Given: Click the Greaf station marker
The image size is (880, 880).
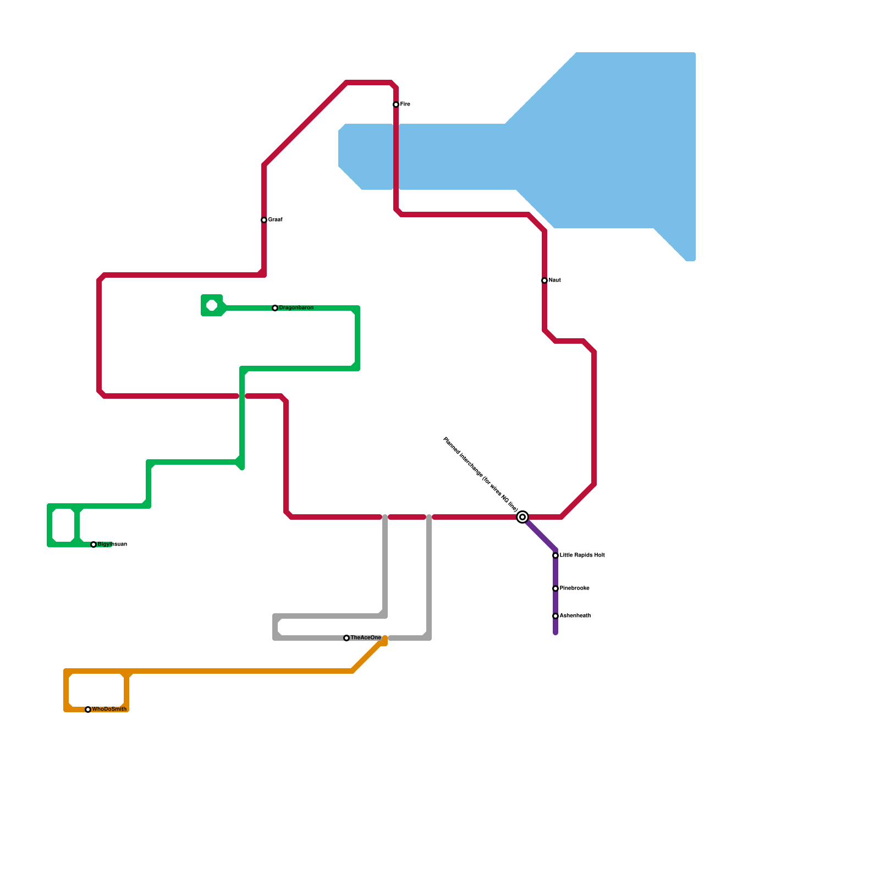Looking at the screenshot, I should (264, 220).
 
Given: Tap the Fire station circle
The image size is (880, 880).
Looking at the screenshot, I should (396, 105).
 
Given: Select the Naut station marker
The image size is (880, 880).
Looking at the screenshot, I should (544, 280).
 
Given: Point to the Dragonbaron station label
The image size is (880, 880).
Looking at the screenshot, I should (296, 308).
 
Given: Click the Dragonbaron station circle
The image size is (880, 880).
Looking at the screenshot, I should (275, 308).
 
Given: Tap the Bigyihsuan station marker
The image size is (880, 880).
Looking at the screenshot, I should (94, 544).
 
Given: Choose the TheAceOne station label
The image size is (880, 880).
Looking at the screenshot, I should (366, 638).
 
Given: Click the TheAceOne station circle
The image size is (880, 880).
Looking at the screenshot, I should (346, 638).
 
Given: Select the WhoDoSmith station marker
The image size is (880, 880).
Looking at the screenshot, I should (88, 710).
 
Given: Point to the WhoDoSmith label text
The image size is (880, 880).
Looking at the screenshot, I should (109, 710).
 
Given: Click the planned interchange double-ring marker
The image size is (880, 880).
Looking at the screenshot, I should (522, 517).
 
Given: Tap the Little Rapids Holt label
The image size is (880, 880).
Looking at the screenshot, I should (582, 555).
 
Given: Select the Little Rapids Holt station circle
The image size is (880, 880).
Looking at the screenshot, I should (555, 555).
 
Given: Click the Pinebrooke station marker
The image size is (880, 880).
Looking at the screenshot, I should (555, 588).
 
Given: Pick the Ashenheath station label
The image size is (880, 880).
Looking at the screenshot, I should (575, 616).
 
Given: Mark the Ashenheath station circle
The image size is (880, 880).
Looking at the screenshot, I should (555, 616).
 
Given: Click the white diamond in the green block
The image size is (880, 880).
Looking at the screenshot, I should (212, 306).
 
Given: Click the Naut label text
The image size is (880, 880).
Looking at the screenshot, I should (554, 280).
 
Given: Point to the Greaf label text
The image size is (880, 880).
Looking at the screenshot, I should (275, 220).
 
